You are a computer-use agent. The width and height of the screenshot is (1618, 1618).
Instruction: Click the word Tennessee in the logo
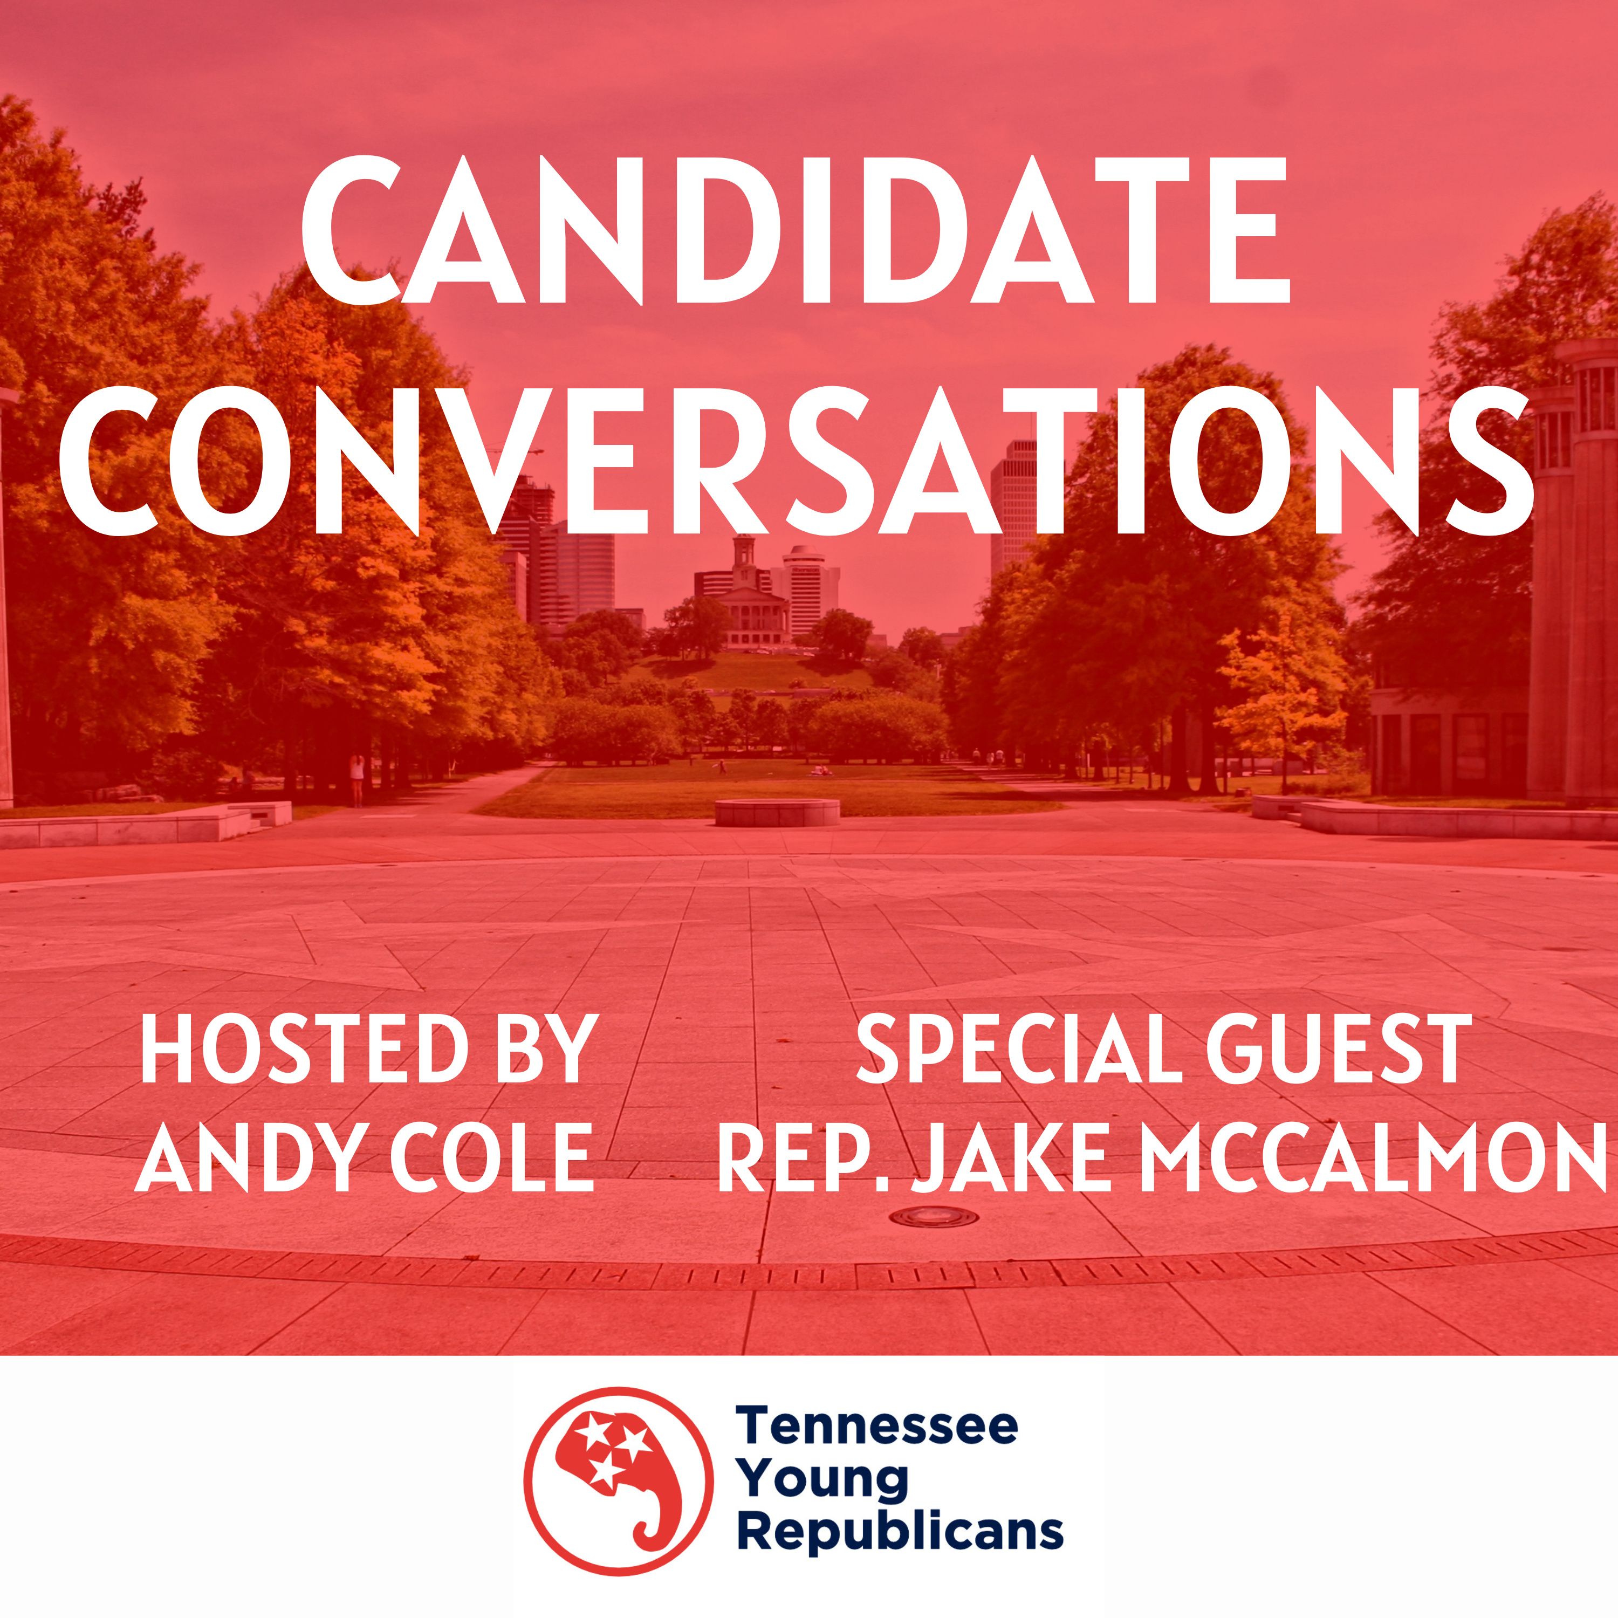pyautogui.click(x=877, y=1425)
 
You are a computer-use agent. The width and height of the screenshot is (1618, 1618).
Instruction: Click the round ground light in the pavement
pyautogui.click(x=933, y=1216)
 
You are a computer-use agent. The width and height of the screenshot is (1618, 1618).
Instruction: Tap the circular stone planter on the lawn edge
pyautogui.click(x=776, y=812)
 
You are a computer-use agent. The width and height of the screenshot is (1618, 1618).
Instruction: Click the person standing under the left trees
pyautogui.click(x=358, y=779)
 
